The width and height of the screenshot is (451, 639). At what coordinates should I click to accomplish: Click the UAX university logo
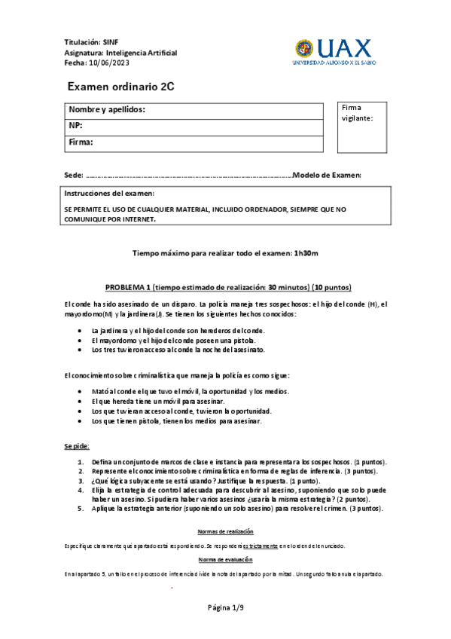pyautogui.click(x=332, y=52)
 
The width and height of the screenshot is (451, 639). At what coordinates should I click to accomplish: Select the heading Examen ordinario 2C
pyautogui.click(x=121, y=87)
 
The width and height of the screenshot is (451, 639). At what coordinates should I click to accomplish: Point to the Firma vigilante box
pyautogui.click(x=361, y=127)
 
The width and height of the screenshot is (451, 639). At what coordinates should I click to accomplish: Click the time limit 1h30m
pyautogui.click(x=306, y=254)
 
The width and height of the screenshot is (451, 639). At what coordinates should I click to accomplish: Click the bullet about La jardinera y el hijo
pyautogui.click(x=178, y=330)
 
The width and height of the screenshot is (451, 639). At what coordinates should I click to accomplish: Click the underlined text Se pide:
pyautogui.click(x=77, y=446)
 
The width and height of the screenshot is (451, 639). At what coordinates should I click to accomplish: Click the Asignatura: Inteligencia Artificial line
pyautogui.click(x=120, y=53)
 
